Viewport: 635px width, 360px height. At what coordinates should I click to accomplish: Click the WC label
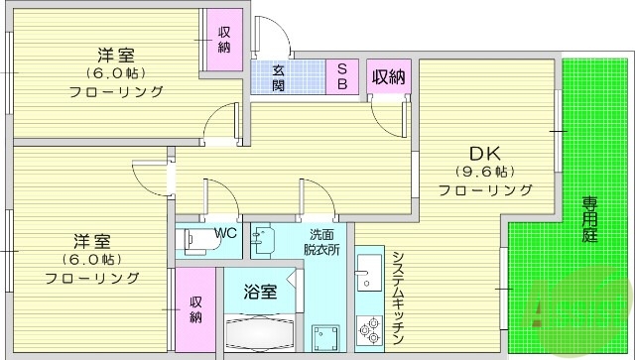[x=224, y=234]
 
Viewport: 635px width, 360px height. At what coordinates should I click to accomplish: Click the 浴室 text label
[x=261, y=292]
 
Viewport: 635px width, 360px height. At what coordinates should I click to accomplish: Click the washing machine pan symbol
[x=325, y=336]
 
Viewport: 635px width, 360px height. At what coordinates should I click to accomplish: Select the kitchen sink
[x=369, y=271]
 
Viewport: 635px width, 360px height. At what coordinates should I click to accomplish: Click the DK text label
[x=483, y=153]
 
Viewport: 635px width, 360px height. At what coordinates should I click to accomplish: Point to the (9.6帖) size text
[x=484, y=172]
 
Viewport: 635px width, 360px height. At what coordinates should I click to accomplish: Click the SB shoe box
[x=340, y=75]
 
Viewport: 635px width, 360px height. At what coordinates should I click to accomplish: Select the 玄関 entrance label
[x=280, y=76]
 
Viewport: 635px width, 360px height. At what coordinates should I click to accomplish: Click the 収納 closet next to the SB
[x=388, y=76]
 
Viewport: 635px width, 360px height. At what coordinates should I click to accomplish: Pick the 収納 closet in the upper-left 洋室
[x=225, y=40]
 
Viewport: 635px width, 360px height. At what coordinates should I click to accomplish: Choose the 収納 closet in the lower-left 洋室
[x=196, y=309]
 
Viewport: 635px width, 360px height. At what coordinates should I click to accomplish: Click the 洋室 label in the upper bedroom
[x=115, y=55]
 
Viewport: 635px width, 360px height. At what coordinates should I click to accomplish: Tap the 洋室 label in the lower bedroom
[x=89, y=241]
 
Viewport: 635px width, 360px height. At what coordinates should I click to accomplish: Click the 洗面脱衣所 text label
[x=322, y=242]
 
